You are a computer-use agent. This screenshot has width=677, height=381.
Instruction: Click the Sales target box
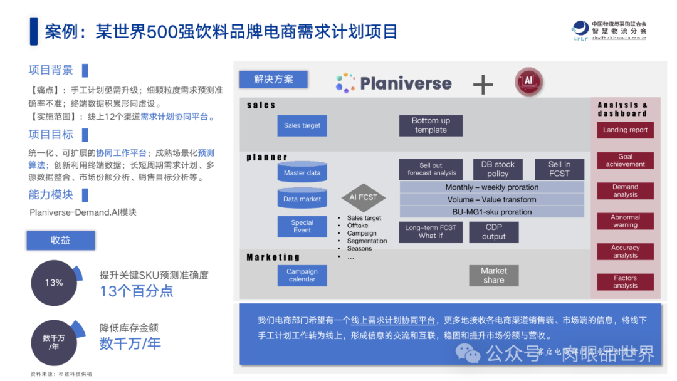(x=302, y=125)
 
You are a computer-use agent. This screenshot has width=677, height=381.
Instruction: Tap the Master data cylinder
(x=302, y=172)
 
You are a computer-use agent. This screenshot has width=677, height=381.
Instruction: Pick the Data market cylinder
(x=302, y=199)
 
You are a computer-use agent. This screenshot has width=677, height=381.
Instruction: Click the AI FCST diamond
(x=363, y=197)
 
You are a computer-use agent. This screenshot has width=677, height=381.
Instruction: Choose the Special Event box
(x=302, y=226)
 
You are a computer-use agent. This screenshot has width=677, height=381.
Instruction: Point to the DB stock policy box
(x=498, y=169)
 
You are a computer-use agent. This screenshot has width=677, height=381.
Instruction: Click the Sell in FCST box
(x=559, y=169)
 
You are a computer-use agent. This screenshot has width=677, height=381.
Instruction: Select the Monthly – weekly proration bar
(x=491, y=187)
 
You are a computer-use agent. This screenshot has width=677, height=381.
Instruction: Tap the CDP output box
(x=493, y=232)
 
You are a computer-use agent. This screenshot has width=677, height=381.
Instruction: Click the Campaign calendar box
(x=302, y=275)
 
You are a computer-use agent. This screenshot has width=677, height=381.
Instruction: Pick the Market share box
(x=493, y=275)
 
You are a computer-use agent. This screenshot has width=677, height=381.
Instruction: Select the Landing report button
(x=625, y=130)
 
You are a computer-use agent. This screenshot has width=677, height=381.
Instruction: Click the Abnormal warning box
(x=625, y=221)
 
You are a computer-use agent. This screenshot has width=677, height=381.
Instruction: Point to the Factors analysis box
(x=625, y=282)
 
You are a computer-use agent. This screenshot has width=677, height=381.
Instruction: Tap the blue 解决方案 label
(x=273, y=80)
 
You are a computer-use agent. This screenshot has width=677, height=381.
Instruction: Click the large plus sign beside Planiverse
(x=483, y=84)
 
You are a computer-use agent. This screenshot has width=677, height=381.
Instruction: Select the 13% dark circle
(x=54, y=283)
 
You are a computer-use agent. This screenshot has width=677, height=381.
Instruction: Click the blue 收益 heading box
(x=60, y=241)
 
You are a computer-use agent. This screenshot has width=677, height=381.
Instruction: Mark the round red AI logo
(x=528, y=82)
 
